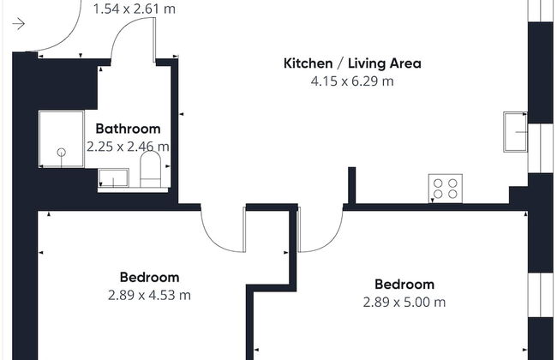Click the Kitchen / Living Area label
352,63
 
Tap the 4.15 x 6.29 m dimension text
352,81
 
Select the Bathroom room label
128,129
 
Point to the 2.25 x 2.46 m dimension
128,147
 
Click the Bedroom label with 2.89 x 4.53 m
150,277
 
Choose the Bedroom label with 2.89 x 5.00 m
404,285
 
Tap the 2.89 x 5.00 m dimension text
404,302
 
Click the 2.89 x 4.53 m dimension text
150,295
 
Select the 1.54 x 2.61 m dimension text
135,9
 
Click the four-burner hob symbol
446,189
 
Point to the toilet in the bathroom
150,169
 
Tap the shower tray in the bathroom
62,139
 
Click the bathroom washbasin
113,177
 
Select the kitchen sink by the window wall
515,132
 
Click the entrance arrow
19,24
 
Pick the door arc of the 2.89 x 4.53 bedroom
215,243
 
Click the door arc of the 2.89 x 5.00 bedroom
328,243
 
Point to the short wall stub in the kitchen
351,185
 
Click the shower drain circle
62,153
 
